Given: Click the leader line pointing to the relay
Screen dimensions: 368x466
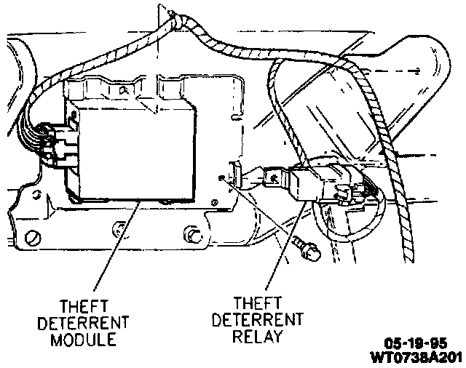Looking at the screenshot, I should (x=277, y=255).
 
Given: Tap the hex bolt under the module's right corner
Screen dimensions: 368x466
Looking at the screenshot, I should (x=192, y=235).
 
